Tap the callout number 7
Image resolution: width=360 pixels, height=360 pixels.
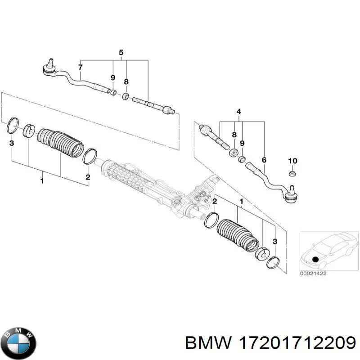[x=81, y=67]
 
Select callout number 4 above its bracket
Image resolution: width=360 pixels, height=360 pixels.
[x=238, y=112]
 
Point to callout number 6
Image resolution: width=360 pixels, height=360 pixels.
[x=264, y=160]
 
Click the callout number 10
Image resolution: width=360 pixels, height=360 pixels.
[x=292, y=161]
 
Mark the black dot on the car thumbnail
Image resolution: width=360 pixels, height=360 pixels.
[x=315, y=259]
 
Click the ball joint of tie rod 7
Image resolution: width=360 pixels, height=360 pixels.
[x=48, y=68]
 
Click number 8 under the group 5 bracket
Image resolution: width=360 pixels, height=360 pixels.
[x=126, y=82]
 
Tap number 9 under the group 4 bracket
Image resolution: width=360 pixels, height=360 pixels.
[x=242, y=144]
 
